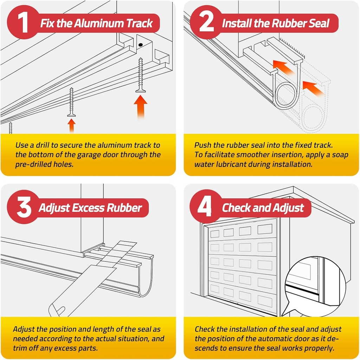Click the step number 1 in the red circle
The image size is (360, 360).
[x=23, y=23]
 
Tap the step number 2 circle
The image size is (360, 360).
[x=206, y=23]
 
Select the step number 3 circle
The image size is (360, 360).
[x=23, y=207]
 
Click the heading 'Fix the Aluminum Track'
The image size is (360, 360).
[x=96, y=24]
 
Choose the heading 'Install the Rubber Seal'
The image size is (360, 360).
[x=275, y=24]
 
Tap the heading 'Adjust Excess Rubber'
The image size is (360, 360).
[x=90, y=208]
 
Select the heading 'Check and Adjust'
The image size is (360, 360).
[x=263, y=208]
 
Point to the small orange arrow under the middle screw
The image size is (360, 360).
[x=71, y=125]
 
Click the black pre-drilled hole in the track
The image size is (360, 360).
[x=140, y=45]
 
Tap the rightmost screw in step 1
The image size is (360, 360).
[x=141, y=76]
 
